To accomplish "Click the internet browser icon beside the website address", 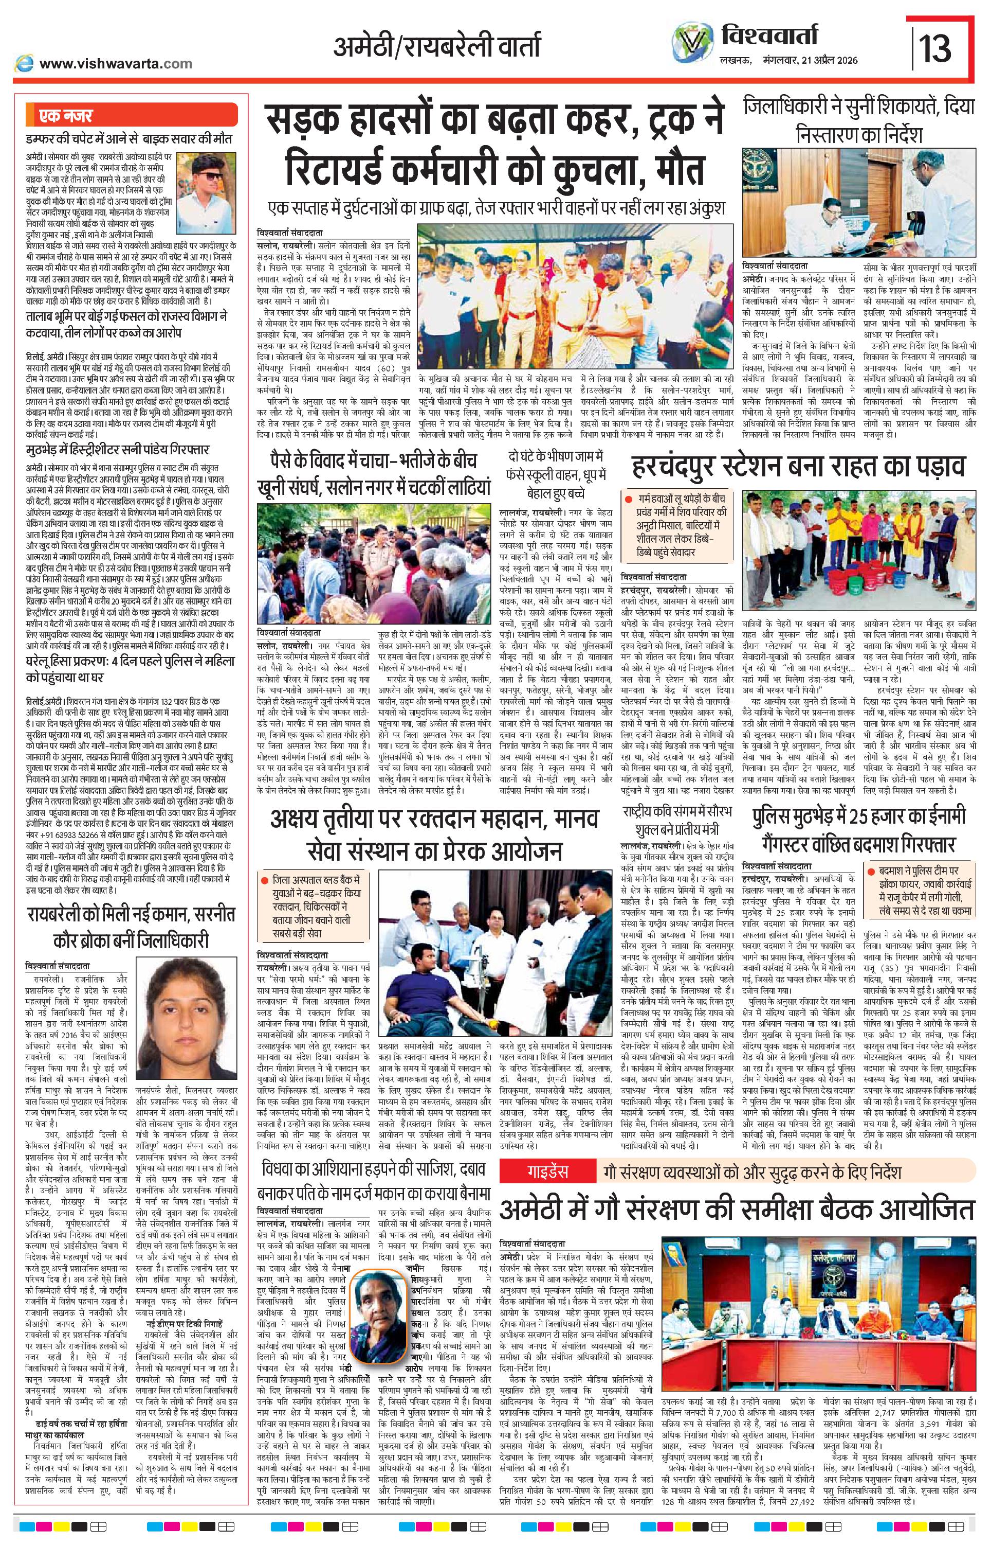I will click(25, 63).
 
